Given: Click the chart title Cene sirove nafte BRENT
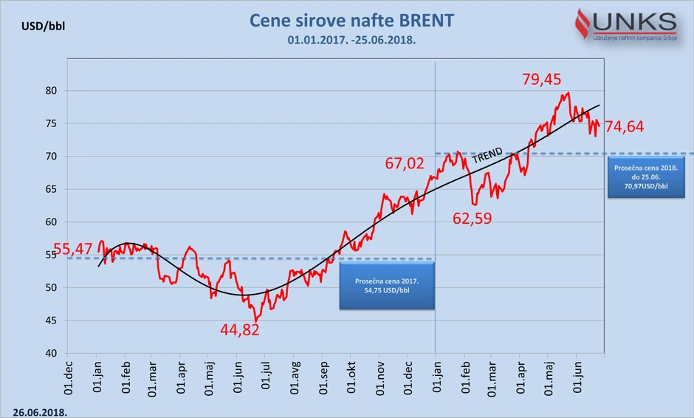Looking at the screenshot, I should pyautogui.click(x=351, y=21).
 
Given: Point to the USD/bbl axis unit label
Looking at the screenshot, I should pyautogui.click(x=45, y=27).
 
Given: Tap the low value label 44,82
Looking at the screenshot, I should pyautogui.click(x=240, y=330).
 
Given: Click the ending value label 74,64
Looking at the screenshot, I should pyautogui.click(x=624, y=127).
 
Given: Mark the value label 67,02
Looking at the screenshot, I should pyautogui.click(x=405, y=163).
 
